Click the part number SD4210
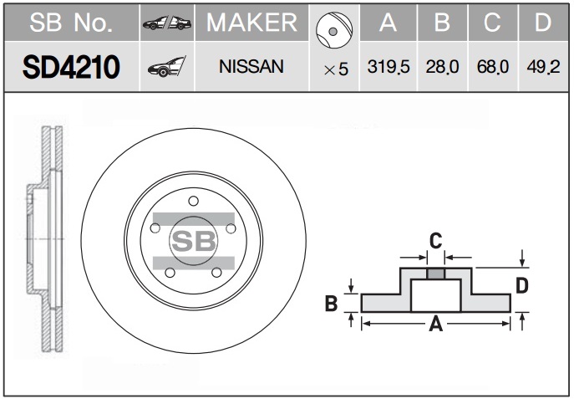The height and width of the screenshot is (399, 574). pyautogui.click(x=71, y=67)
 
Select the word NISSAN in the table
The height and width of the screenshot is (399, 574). pyautogui.click(x=251, y=67)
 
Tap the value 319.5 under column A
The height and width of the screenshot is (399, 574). pyautogui.click(x=389, y=67)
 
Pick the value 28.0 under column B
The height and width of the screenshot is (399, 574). pyautogui.click(x=442, y=67)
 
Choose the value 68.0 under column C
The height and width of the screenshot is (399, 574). pyautogui.click(x=493, y=67)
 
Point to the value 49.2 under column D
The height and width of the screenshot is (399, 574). pyautogui.click(x=543, y=67)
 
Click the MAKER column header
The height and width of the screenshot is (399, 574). pyautogui.click(x=251, y=23)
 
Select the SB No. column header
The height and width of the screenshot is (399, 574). pyautogui.click(x=71, y=23)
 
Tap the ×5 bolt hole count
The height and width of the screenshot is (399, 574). pyautogui.click(x=336, y=69)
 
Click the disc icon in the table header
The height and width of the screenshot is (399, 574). pyautogui.click(x=334, y=30)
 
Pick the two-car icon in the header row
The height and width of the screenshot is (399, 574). pyautogui.click(x=167, y=23)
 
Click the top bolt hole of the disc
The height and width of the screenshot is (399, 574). pyautogui.click(x=193, y=201)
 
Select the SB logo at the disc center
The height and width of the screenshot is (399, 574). pyautogui.click(x=193, y=241)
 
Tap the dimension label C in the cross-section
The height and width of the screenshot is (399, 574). pyautogui.click(x=435, y=241)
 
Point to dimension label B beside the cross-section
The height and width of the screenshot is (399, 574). pyautogui.click(x=332, y=304)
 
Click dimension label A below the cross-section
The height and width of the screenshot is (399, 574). pyautogui.click(x=435, y=324)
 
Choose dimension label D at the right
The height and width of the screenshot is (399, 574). pyautogui.click(x=522, y=285)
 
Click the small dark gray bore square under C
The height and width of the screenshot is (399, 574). pyautogui.click(x=435, y=274)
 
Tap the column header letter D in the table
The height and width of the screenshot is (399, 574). pyautogui.click(x=543, y=23)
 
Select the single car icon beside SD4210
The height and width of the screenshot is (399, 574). pyautogui.click(x=167, y=67)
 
